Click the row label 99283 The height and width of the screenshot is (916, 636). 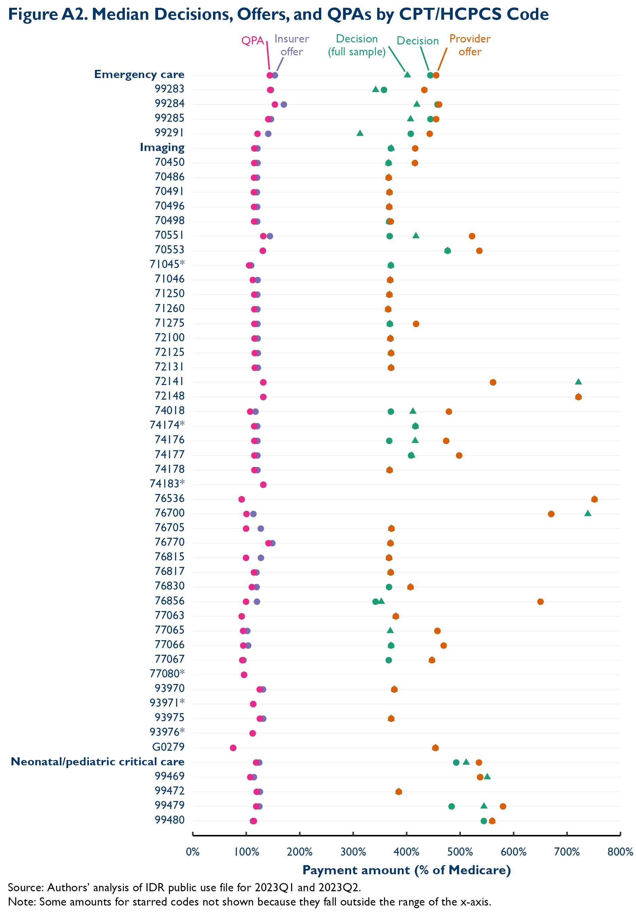click(169, 89)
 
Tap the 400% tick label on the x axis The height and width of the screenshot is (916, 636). click(406, 852)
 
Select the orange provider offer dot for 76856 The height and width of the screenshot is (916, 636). click(540, 602)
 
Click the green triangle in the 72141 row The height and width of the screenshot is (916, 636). click(578, 382)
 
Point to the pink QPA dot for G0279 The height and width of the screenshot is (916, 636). click(233, 748)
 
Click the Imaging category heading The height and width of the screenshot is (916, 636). click(162, 148)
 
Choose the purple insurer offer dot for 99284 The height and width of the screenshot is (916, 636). click(284, 104)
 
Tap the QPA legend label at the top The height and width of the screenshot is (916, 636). click(253, 41)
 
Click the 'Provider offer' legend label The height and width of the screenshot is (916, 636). click(470, 45)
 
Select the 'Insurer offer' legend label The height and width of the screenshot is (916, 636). click(292, 45)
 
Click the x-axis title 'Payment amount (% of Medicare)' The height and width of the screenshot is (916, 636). click(406, 870)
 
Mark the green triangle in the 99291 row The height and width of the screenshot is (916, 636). click(360, 133)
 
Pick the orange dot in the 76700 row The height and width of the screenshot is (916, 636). click(551, 514)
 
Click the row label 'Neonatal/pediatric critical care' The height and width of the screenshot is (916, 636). click(98, 762)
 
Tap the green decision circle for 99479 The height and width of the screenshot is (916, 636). click(451, 806)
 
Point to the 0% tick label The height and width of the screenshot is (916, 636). click(193, 852)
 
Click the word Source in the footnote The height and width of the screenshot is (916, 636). click(25, 888)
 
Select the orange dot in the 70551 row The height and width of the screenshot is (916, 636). click(472, 236)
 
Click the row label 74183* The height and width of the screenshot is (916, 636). click(167, 484)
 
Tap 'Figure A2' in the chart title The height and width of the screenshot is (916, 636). click(47, 14)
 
